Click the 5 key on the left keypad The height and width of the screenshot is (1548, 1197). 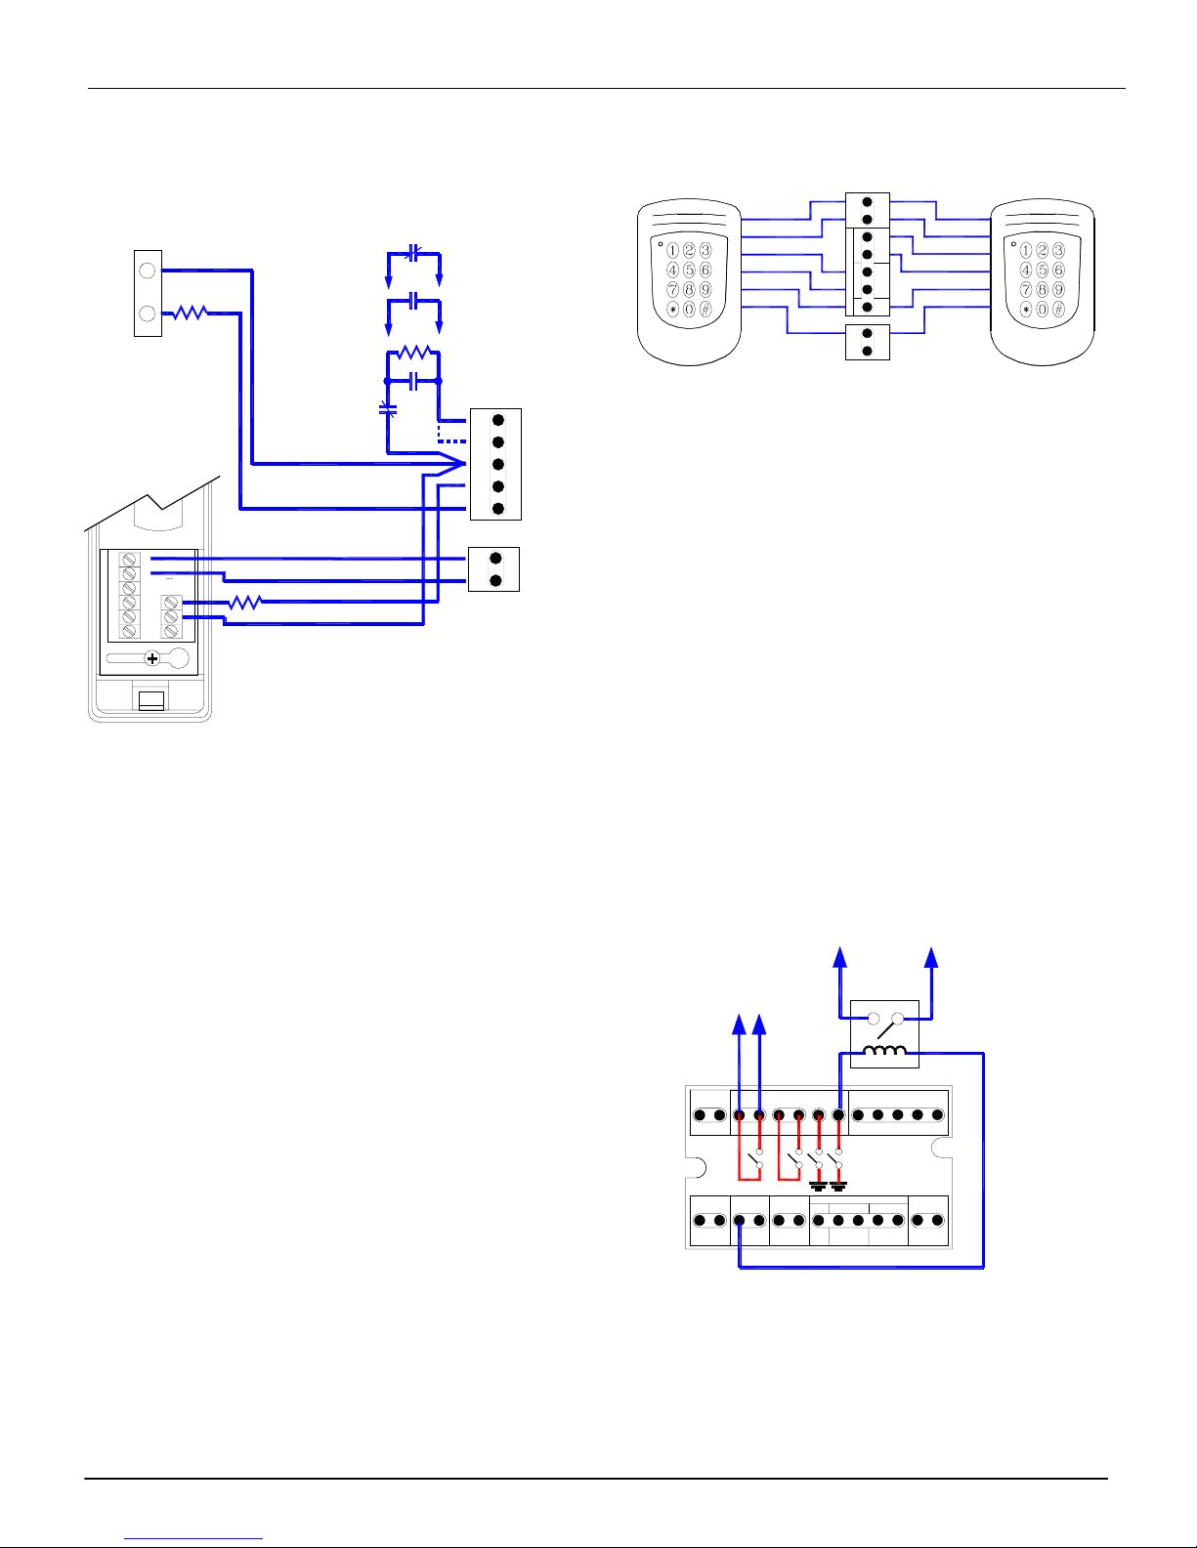[x=689, y=270]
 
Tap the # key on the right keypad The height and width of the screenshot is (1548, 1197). [x=1059, y=310]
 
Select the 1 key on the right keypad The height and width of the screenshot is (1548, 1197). [x=1026, y=251]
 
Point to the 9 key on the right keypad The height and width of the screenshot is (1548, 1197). [x=1059, y=290]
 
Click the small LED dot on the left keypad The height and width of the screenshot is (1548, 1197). [x=661, y=244]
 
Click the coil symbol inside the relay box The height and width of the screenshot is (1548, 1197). [x=884, y=1051]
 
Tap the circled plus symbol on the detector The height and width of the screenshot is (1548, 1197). [x=151, y=659]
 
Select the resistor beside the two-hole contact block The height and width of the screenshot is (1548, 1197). [x=191, y=313]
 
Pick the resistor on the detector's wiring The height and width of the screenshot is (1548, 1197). [x=245, y=603]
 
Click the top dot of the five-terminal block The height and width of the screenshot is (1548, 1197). [x=498, y=420]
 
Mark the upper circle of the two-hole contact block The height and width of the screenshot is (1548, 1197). [x=148, y=271]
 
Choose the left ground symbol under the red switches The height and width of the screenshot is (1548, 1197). [x=818, y=1186]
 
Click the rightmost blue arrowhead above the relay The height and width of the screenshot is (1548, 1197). [x=930, y=957]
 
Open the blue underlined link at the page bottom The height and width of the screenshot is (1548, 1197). [x=193, y=1539]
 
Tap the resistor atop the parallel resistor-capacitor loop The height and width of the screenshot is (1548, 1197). [x=414, y=352]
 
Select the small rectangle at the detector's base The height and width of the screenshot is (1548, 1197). [x=151, y=700]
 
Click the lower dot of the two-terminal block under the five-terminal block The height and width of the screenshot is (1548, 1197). [x=496, y=580]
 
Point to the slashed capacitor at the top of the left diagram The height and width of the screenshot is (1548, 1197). [x=413, y=253]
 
